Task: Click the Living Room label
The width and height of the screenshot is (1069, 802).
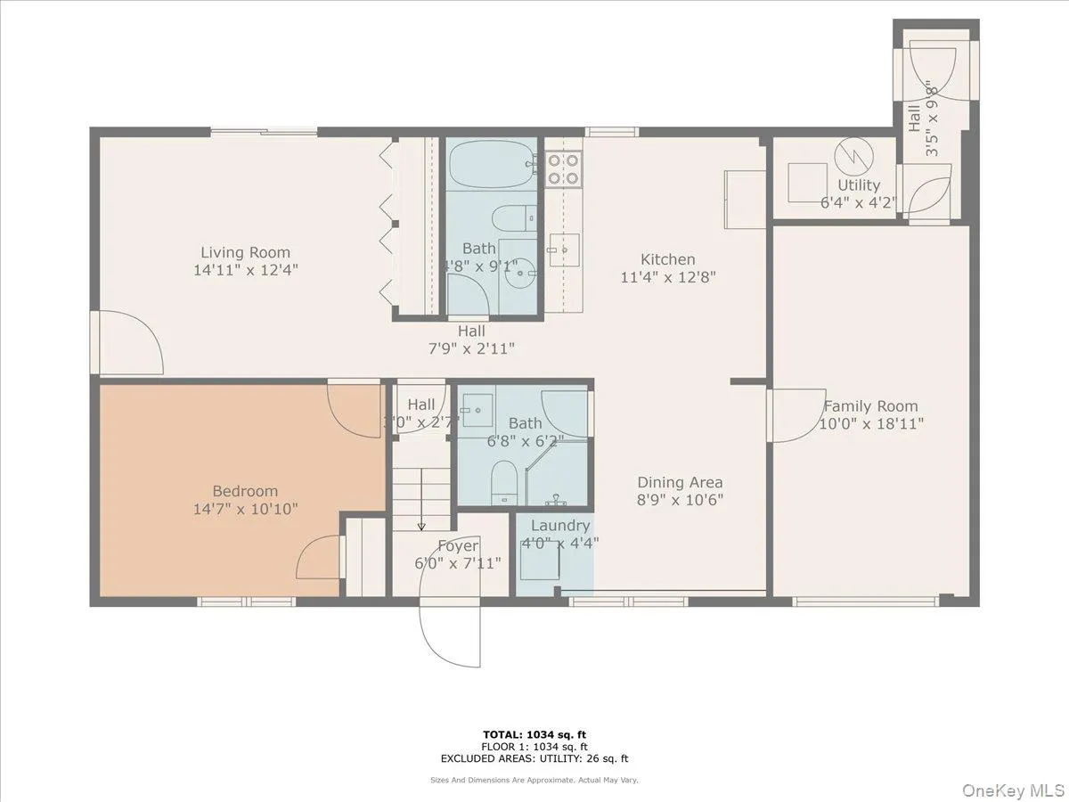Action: coord(245,252)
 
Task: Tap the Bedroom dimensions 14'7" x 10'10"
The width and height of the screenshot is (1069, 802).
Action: coord(244,509)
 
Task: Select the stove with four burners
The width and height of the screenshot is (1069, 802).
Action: coord(563,169)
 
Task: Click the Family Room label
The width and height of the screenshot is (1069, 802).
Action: coord(870,406)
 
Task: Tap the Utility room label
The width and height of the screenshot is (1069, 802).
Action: coord(859,185)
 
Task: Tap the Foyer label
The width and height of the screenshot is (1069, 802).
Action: coord(458,545)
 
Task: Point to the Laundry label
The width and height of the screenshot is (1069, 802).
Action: coord(559,526)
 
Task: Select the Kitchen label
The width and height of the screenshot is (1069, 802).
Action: coord(668,259)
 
